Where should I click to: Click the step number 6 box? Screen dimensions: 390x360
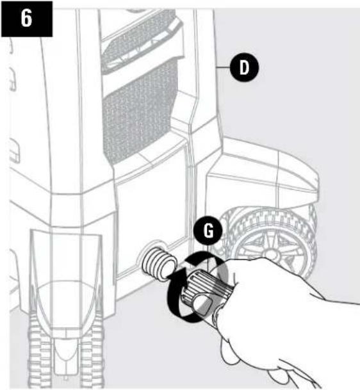click(26, 19)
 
